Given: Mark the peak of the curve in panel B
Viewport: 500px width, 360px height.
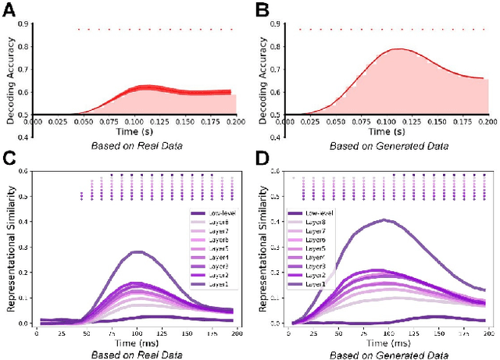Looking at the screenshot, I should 400,48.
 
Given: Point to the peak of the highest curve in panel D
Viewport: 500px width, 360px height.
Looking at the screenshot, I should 384,219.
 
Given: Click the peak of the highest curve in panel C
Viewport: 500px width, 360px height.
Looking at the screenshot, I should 137,251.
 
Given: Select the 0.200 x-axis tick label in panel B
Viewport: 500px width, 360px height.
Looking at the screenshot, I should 487,122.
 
